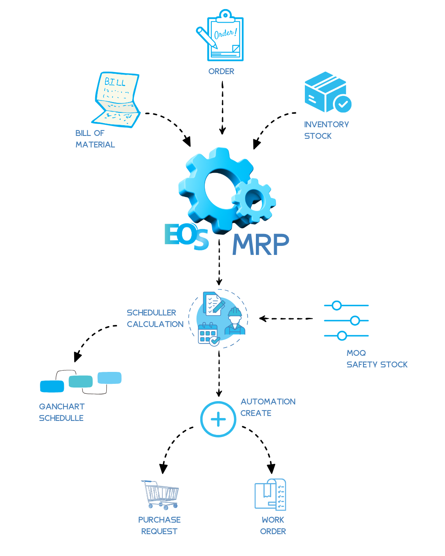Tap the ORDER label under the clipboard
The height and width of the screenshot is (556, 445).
coord(221,71)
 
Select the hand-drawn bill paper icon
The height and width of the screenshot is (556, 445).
coord(117,100)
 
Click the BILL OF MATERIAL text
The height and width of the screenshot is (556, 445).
coord(95,139)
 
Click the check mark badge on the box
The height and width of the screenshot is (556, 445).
coord(342,104)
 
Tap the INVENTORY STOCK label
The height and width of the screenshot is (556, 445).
coord(326,130)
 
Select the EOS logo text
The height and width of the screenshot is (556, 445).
coord(186,236)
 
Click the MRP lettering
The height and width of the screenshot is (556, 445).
coord(260,245)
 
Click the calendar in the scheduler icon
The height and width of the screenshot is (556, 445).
coord(208,334)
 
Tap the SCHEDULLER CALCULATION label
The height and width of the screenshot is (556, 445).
coord(155,318)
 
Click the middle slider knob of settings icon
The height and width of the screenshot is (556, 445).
coord(355,320)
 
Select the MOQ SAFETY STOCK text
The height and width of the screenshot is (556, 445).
coord(377,359)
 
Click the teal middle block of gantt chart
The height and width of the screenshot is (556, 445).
coord(81,381)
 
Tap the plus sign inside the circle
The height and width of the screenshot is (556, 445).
coord(218,419)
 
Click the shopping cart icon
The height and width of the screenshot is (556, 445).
coord(161,494)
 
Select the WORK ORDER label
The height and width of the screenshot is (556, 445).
coord(273,526)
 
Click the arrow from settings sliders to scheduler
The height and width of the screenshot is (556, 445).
coord(286,318)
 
